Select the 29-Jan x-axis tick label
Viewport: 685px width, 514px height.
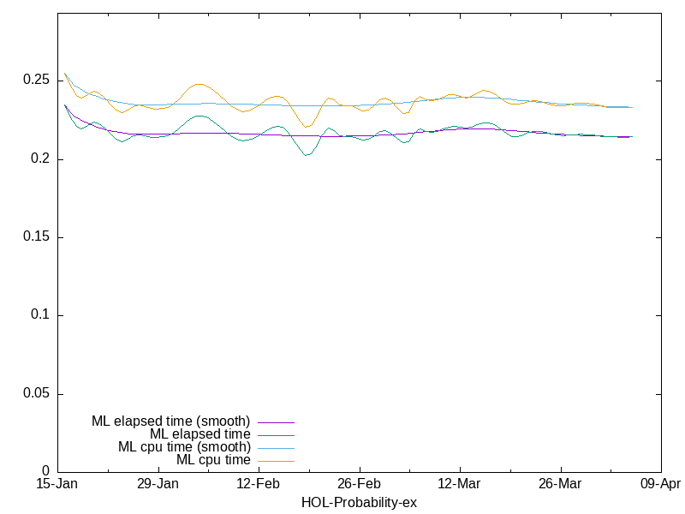coord(158,484)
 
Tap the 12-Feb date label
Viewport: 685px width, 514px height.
coord(259,484)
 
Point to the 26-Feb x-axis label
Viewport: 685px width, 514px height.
coord(359,484)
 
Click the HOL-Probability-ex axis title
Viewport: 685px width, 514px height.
coord(359,502)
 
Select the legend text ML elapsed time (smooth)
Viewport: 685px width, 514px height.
coord(170,421)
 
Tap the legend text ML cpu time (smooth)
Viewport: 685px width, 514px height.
coord(184,447)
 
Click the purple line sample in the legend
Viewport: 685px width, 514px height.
coord(275,421)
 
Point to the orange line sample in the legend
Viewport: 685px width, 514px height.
coord(275,461)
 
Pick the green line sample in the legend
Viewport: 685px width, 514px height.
coord(275,434)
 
